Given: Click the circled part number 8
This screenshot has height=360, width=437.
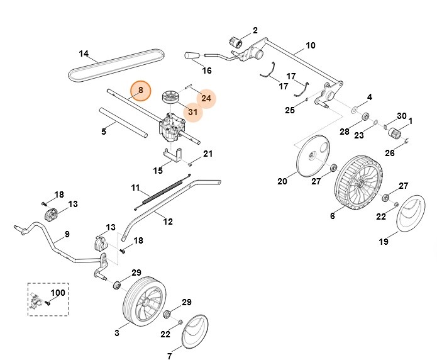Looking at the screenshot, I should [141, 91].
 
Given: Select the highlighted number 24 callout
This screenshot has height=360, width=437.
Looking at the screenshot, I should [206, 98].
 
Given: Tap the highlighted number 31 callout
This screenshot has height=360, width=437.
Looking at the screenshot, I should [193, 113].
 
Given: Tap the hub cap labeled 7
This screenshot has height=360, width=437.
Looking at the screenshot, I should [198, 331].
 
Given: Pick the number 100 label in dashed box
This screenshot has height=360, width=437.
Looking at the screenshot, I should [58, 294].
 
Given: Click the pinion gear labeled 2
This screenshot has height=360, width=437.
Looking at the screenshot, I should [238, 42].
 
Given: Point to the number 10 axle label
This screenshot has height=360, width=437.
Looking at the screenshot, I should [310, 45].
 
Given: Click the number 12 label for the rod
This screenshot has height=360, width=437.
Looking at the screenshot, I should [167, 220].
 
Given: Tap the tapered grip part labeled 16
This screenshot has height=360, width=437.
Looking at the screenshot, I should [191, 57].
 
